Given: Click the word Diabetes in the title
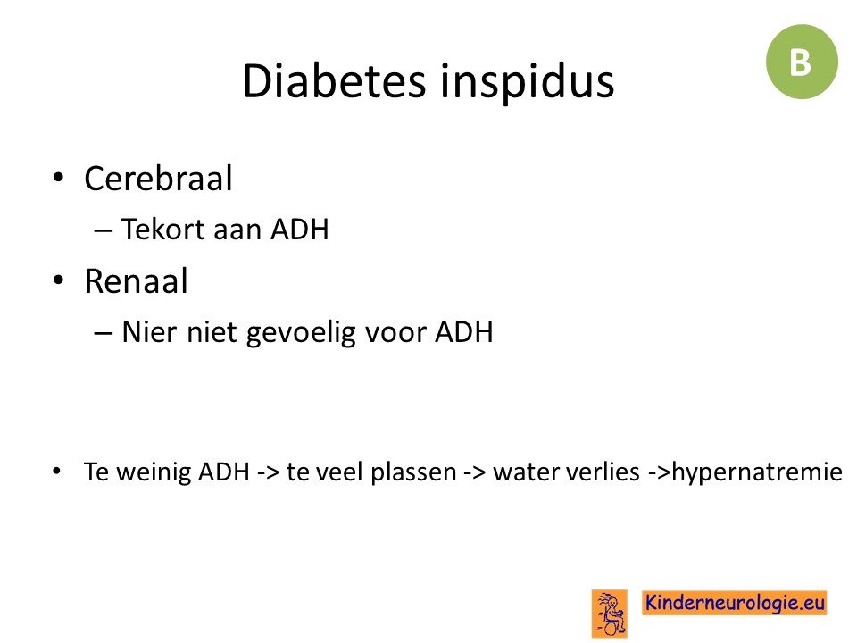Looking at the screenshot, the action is pyautogui.click(x=334, y=81).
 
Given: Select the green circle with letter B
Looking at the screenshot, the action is pyautogui.click(x=802, y=62).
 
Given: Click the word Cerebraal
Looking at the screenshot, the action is pyautogui.click(x=159, y=179).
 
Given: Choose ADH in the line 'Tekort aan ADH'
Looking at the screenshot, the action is pyautogui.click(x=300, y=230).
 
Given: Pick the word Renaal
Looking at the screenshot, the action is pyautogui.click(x=136, y=281).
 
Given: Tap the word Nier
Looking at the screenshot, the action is pyautogui.click(x=149, y=332).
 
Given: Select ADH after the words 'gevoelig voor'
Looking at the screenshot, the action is pyautogui.click(x=464, y=332).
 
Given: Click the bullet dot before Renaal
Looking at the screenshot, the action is pyautogui.click(x=59, y=280).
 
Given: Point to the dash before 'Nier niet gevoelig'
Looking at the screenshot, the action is pyautogui.click(x=104, y=333).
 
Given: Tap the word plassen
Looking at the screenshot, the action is pyautogui.click(x=413, y=472).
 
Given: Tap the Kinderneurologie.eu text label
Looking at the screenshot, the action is pyautogui.click(x=734, y=603).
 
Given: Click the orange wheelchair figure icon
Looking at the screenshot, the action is pyautogui.click(x=610, y=614).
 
